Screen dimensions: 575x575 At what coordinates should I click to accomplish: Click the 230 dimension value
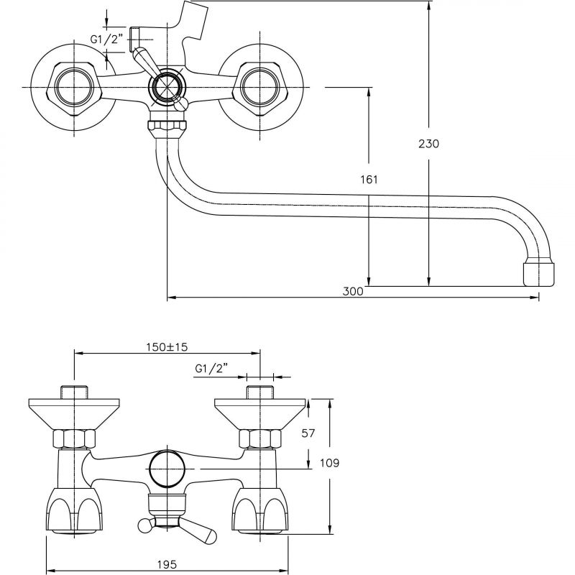(428, 144)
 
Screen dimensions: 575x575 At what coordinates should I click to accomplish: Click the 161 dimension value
(369, 179)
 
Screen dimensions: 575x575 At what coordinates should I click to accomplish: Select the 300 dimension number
(353, 291)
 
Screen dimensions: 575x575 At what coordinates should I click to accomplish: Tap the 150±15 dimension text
(167, 346)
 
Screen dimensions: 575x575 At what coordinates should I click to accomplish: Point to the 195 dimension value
(167, 564)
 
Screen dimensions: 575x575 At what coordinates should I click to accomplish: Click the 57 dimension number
(308, 433)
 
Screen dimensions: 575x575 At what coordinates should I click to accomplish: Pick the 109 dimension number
(330, 463)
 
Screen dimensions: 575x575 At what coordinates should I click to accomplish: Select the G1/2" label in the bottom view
(211, 368)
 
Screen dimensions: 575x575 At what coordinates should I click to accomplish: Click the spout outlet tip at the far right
(538, 272)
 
